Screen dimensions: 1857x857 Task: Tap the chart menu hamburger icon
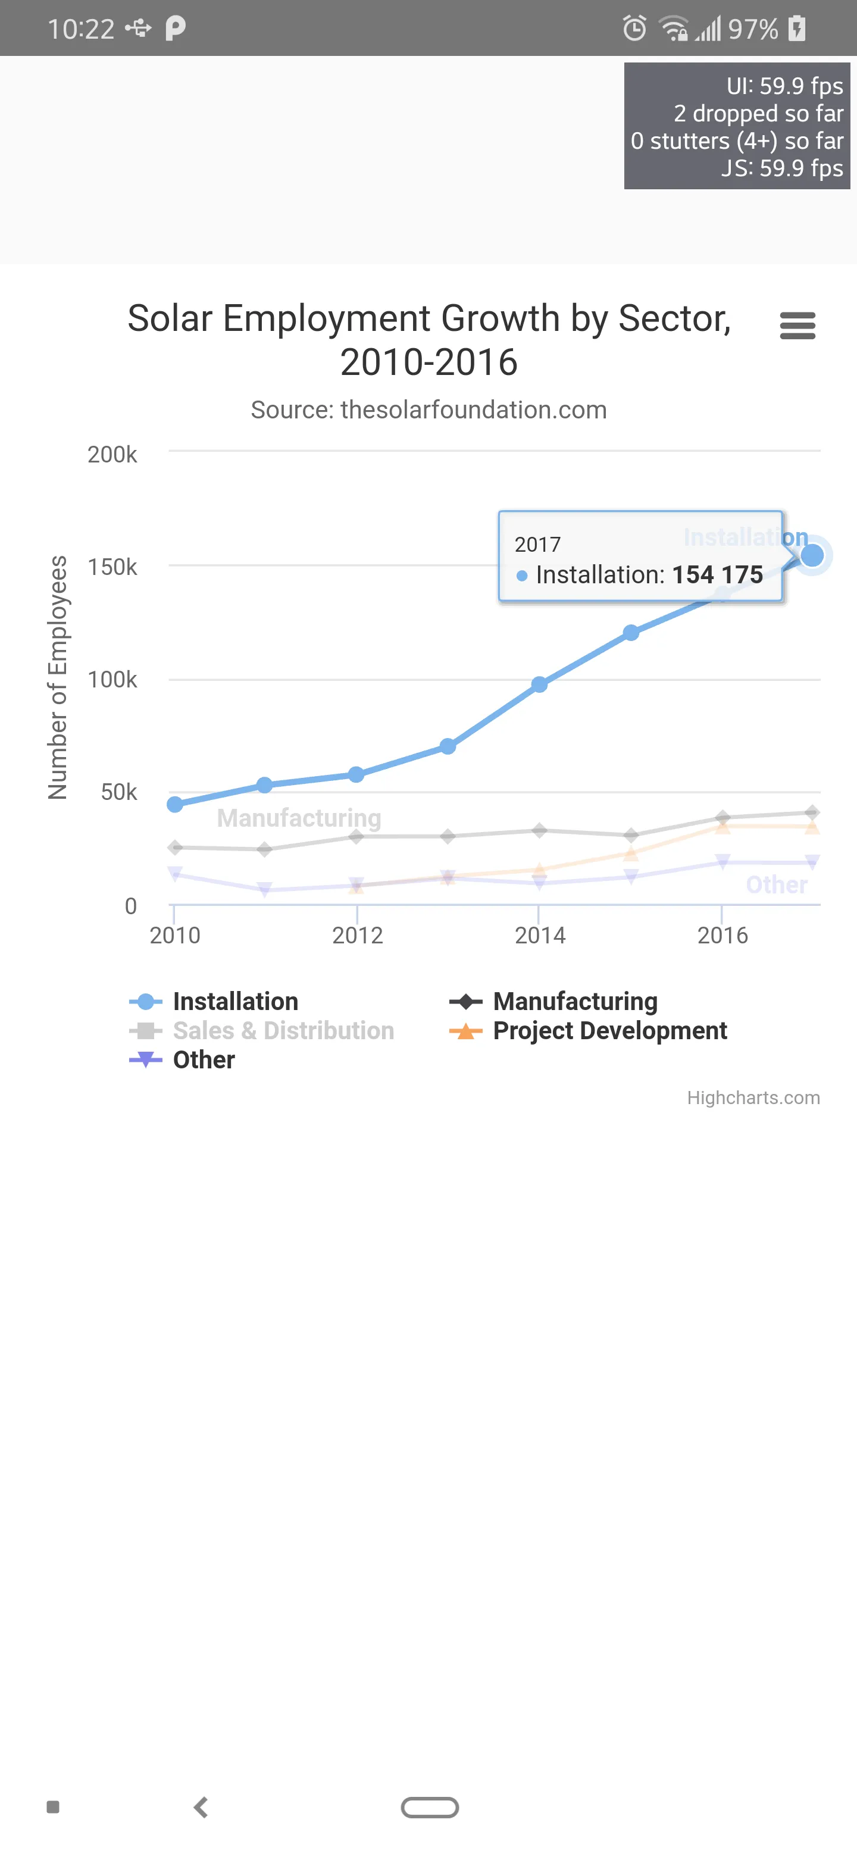pyautogui.click(x=797, y=326)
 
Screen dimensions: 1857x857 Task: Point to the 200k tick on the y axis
pyautogui.click(x=112, y=454)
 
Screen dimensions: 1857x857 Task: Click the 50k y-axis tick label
pyautogui.click(x=119, y=792)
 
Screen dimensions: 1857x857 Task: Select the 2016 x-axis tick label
pyautogui.click(x=722, y=935)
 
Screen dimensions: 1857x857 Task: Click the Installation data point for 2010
pyautogui.click(x=174, y=805)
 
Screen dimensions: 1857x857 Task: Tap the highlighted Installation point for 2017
pyautogui.click(x=812, y=555)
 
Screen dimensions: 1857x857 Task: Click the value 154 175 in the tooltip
pyautogui.click(x=717, y=574)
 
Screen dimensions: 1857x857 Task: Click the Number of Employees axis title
pyautogui.click(x=58, y=678)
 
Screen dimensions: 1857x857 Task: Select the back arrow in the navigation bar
pyautogui.click(x=201, y=1807)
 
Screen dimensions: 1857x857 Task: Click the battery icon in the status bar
pyautogui.click(x=797, y=29)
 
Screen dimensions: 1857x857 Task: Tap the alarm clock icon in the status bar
pyautogui.click(x=634, y=29)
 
